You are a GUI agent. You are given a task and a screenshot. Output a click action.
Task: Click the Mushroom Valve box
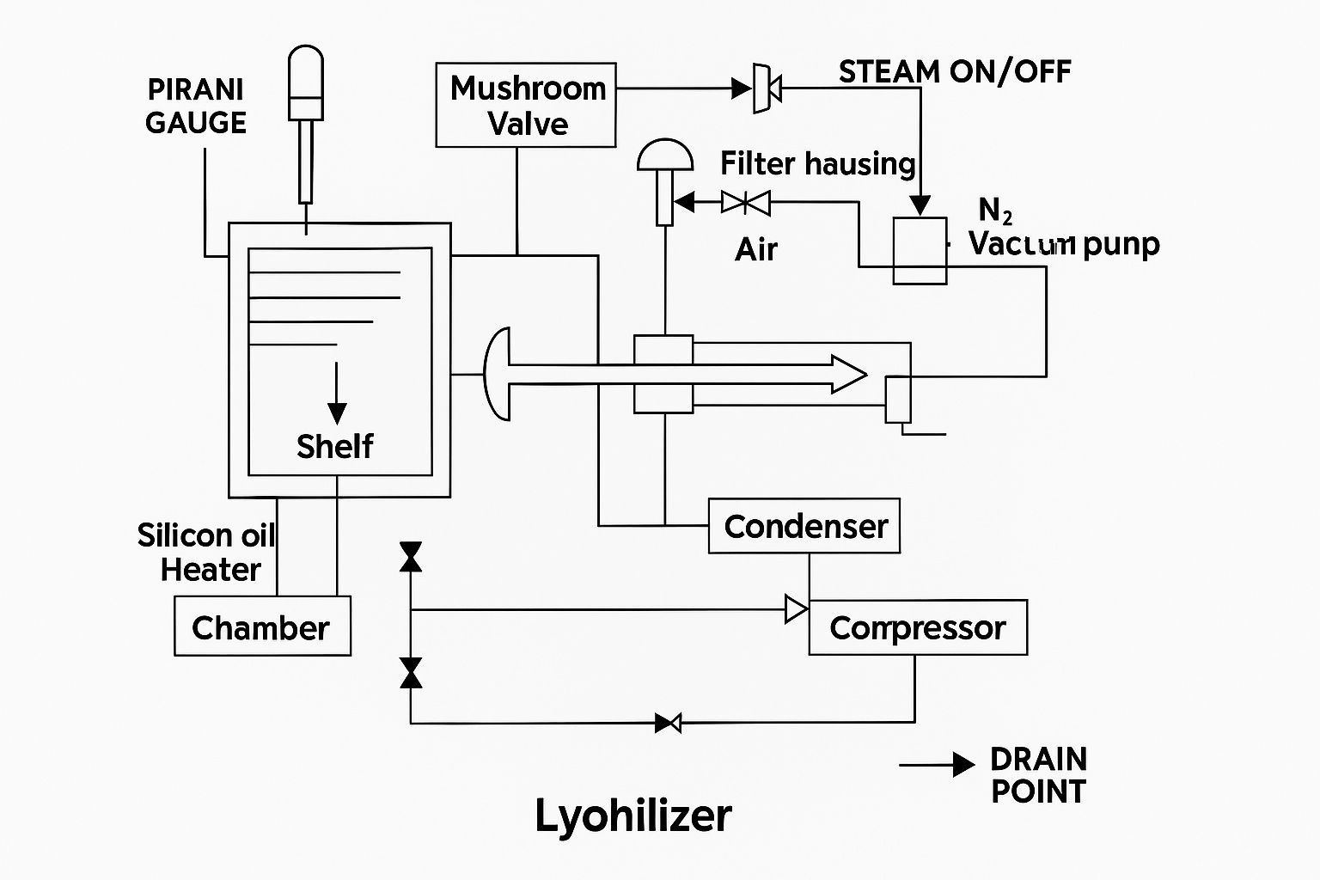coord(526,105)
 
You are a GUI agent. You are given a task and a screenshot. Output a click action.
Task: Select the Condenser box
coord(804,526)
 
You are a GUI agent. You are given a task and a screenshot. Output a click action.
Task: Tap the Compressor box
coord(918,627)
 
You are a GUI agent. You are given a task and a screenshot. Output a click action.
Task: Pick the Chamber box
coord(262,626)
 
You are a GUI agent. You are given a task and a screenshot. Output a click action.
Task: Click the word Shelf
coord(334,446)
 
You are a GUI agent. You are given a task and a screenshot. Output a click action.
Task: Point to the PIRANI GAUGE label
coord(196,106)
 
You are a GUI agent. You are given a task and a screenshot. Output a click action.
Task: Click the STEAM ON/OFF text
coord(955,71)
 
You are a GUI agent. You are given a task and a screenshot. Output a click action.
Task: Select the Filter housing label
coord(817,163)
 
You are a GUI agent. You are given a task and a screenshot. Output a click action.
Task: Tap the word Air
coord(756,249)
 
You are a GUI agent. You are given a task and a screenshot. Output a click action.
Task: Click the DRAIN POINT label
coord(1038,775)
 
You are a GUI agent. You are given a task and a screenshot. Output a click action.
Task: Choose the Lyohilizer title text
coord(633,815)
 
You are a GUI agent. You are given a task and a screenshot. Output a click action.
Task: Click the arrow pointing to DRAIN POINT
coord(937,764)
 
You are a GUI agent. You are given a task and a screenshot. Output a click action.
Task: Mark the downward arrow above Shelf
coord(337,393)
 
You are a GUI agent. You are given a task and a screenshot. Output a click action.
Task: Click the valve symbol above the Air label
coord(746,203)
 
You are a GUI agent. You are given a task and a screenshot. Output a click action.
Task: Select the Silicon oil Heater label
coord(206,553)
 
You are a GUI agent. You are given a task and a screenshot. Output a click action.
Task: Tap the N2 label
coord(995,210)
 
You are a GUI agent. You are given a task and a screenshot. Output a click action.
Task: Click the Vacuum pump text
coord(1064,244)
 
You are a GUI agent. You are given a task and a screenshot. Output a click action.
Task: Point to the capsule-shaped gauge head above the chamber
coord(306,82)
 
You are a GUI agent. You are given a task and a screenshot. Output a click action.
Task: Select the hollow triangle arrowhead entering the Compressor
coord(797,609)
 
